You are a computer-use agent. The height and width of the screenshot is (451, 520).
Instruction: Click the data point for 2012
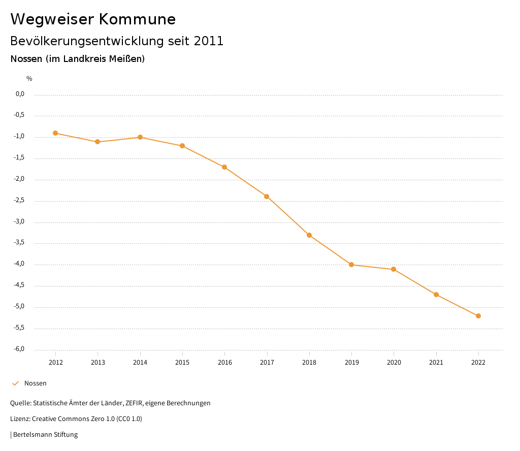coord(55,133)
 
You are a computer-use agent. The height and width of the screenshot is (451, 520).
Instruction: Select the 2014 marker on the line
coord(140,137)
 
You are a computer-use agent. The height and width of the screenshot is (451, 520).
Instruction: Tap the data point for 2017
coord(267,197)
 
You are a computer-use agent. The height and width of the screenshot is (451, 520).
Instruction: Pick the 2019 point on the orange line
coord(351,265)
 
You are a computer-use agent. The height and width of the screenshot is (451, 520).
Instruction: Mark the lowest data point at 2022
coord(478,316)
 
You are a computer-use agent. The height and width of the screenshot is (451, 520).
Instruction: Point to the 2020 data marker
coord(394,269)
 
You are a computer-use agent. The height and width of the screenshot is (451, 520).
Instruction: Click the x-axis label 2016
coord(225,362)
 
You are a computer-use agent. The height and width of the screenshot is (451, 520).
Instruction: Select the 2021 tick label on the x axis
coord(436,362)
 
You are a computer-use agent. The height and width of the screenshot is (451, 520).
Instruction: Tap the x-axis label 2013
coord(98,362)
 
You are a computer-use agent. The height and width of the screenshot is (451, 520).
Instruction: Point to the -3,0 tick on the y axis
coord(19,221)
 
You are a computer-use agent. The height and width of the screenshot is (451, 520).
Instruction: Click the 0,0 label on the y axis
coord(20,94)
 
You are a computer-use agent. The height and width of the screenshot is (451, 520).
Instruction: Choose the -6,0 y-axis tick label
coord(19,349)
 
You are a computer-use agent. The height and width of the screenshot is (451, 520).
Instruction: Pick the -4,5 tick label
coord(19,285)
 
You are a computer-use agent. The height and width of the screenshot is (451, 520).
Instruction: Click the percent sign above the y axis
coord(29,79)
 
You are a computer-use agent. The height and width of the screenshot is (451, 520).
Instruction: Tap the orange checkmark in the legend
coord(15,383)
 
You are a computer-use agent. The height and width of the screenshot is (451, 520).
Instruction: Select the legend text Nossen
coord(36,383)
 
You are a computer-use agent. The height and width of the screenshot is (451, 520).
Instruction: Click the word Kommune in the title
coord(137,19)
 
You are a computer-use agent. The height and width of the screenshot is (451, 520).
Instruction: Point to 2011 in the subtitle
coord(209,41)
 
